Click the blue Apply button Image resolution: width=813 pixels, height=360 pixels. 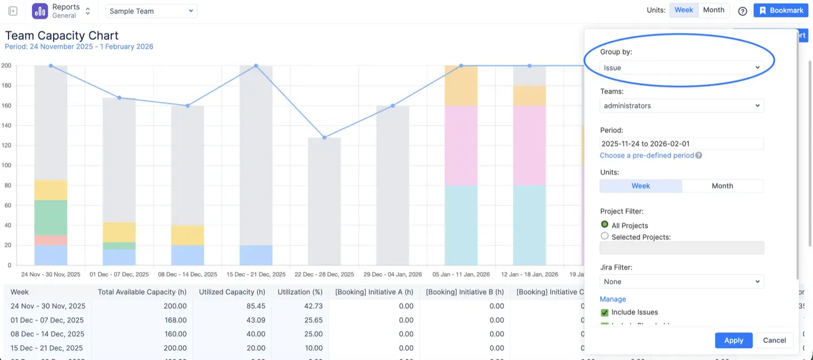pyautogui.click(x=733, y=340)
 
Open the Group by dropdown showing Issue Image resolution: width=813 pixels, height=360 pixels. pyautogui.click(x=681, y=68)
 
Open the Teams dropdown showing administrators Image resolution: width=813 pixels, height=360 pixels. pyautogui.click(x=681, y=106)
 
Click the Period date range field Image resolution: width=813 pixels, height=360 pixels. pyautogui.click(x=681, y=144)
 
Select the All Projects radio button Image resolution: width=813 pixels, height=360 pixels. pyautogui.click(x=605, y=225)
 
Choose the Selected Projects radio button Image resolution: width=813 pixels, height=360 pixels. pyautogui.click(x=605, y=236)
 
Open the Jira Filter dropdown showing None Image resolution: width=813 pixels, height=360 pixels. pyautogui.click(x=681, y=282)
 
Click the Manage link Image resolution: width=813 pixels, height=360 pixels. pyautogui.click(x=613, y=299)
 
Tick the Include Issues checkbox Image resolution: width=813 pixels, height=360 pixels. pyautogui.click(x=605, y=312)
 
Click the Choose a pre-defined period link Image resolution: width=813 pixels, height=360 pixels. pyautogui.click(x=646, y=155)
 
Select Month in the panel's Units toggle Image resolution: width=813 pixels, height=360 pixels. pyautogui.click(x=722, y=186)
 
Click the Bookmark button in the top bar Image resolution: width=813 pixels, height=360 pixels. pyautogui.click(x=781, y=11)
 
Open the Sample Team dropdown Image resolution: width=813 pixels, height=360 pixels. pyautogui.click(x=151, y=11)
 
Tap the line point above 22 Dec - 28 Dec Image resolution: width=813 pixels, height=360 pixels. pyautogui.click(x=324, y=138)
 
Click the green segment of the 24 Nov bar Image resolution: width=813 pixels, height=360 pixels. pyautogui.click(x=51, y=218)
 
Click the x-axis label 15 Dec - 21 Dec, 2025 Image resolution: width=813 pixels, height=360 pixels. pyautogui.click(x=256, y=274)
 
